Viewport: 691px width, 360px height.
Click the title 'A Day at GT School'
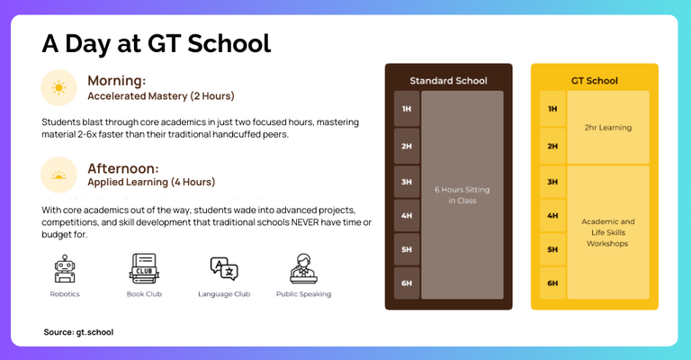click(x=156, y=43)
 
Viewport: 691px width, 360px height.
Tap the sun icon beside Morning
click(x=58, y=87)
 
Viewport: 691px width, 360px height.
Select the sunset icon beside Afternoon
click(x=58, y=175)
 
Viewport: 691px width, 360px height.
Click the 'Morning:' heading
click(x=116, y=80)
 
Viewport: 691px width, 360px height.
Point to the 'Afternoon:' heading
click(x=123, y=167)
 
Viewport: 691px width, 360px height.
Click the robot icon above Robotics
click(x=64, y=268)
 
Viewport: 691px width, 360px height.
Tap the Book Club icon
click(x=144, y=268)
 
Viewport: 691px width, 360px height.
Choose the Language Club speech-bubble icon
click(x=223, y=268)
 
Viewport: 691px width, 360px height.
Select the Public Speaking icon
click(x=303, y=268)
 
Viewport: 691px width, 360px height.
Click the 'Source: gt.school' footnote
click(x=78, y=332)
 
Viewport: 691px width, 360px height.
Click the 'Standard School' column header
click(x=448, y=81)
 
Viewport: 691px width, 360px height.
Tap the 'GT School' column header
click(x=594, y=81)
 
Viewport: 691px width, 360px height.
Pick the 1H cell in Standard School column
click(x=407, y=109)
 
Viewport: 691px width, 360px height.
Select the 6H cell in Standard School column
click(x=407, y=283)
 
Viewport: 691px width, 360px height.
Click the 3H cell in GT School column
click(x=552, y=182)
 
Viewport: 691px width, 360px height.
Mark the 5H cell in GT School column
click(x=552, y=249)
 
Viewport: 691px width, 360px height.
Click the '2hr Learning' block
click(x=608, y=127)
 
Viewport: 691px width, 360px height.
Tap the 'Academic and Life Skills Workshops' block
click(x=608, y=232)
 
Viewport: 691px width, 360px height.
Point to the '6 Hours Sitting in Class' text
click(x=462, y=194)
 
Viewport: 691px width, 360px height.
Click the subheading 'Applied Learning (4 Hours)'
click(x=151, y=182)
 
